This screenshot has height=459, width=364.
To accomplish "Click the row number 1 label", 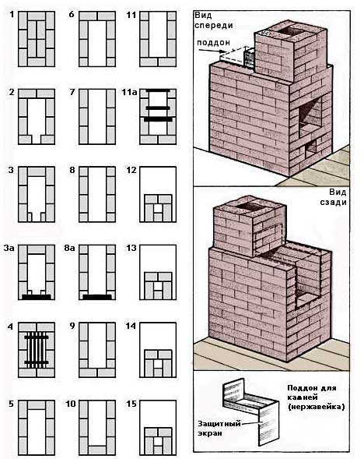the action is pyautogui.click(x=12, y=14).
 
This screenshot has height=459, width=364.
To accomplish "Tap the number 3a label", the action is pyautogui.click(x=9, y=248).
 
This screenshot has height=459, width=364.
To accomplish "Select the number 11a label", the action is pyautogui.click(x=129, y=93).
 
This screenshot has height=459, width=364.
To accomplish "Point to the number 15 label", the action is pyautogui.click(x=131, y=404).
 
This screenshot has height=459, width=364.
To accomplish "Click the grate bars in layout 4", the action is pyautogui.click(x=37, y=350).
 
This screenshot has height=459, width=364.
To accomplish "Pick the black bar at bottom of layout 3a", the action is pyautogui.click(x=37, y=297).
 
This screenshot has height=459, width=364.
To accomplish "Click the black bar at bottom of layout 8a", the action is pyautogui.click(x=97, y=297).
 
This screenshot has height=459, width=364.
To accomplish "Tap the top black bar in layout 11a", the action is pyautogui.click(x=158, y=90).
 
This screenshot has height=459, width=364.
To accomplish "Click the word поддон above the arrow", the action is pyautogui.click(x=213, y=43).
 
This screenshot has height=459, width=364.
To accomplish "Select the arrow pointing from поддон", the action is pyautogui.click(x=211, y=51).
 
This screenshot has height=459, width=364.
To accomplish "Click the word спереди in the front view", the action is pyautogui.click(x=214, y=26).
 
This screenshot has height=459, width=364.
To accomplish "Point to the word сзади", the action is pyautogui.click(x=333, y=202).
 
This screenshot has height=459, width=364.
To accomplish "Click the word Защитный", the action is pyautogui.click(x=219, y=424).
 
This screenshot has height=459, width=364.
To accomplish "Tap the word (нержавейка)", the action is pyautogui.click(x=317, y=407).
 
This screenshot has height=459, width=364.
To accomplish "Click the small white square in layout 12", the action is pyautogui.click(x=158, y=208).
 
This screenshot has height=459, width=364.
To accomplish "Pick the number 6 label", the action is pyautogui.click(x=72, y=14).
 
